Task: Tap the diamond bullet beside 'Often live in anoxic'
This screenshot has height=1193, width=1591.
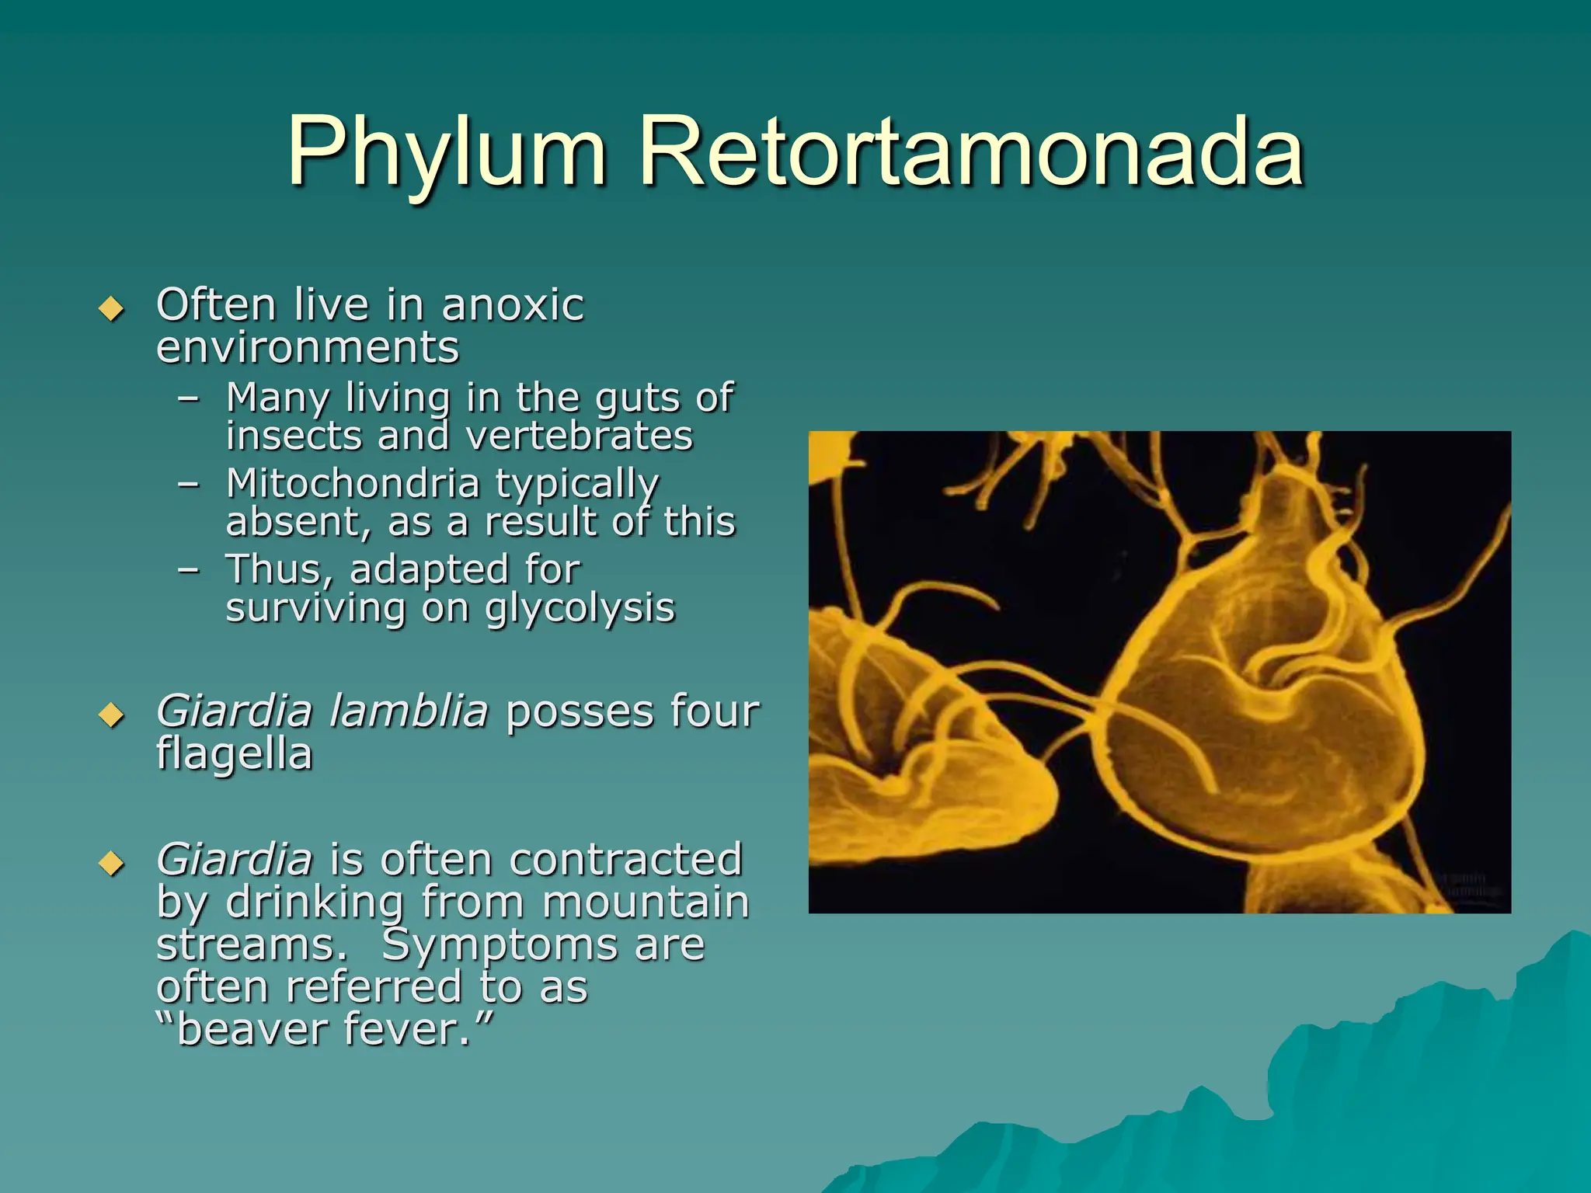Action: pos(112,309)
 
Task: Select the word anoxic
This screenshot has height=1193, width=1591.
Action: pos(512,304)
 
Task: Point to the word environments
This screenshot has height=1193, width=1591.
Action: pos(308,347)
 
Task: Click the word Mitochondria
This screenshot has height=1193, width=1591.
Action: pos(353,483)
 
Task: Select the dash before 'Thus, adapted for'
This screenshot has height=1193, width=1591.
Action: pos(188,570)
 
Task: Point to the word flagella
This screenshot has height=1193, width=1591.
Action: pos(234,753)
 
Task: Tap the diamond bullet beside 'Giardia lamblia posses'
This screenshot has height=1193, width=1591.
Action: pos(112,715)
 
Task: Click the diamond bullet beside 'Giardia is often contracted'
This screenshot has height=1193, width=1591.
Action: pos(112,863)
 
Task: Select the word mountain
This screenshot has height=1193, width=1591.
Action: pos(645,903)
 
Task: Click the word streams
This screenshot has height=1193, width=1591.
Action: pos(251,945)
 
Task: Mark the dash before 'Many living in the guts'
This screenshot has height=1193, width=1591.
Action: pos(188,398)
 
